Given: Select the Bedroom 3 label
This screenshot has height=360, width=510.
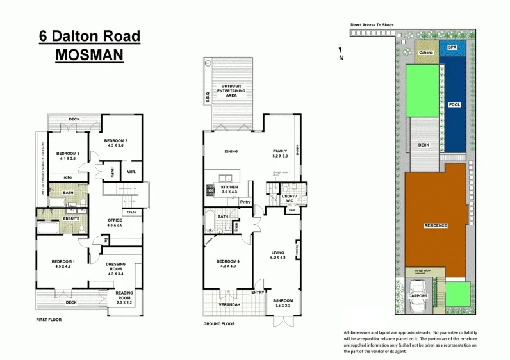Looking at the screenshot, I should (x=67, y=154).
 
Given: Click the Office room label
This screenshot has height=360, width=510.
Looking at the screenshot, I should (x=115, y=220).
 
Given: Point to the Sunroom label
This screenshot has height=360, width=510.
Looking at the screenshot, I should (x=283, y=300).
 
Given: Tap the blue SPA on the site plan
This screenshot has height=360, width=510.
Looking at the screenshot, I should (x=452, y=47).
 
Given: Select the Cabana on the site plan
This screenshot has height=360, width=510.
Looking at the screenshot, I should (x=426, y=53).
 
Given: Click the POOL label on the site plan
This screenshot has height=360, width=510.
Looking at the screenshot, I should (x=454, y=104).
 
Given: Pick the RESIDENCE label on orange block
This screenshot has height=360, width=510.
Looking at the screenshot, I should (x=436, y=225).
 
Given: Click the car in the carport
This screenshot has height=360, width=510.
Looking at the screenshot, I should (x=416, y=306).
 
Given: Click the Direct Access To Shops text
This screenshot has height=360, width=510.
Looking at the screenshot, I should (x=372, y=25).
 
